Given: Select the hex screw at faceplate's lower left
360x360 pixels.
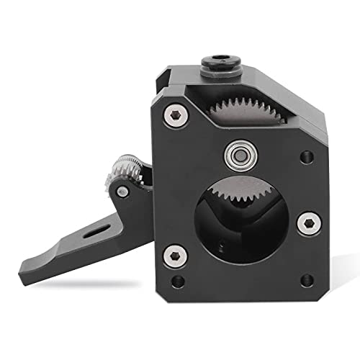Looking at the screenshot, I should click(x=174, y=253).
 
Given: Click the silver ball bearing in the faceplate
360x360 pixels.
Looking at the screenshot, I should click(x=234, y=152).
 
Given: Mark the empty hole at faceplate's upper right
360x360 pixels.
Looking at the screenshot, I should click(x=307, y=155).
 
